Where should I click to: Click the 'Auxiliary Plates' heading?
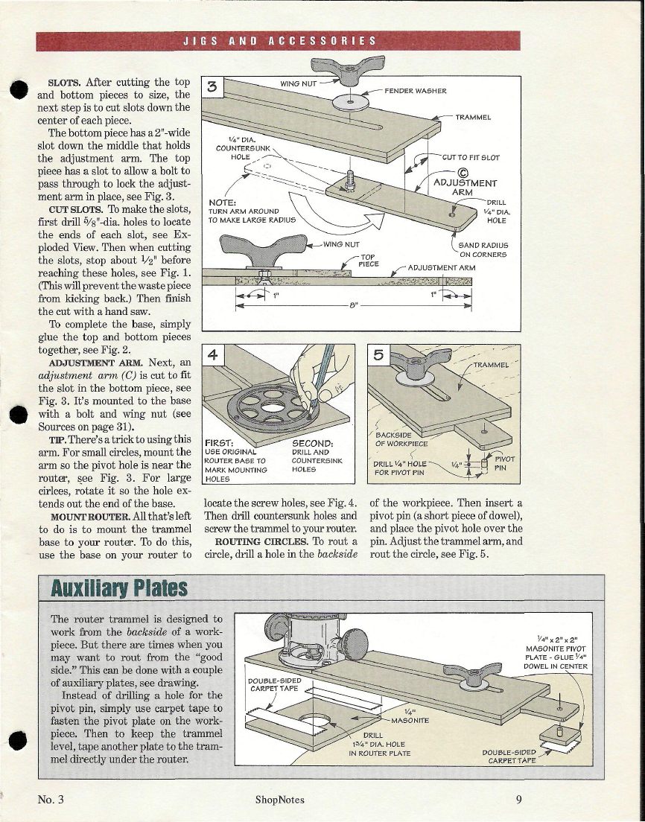click(x=118, y=588)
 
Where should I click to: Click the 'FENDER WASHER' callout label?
click(x=416, y=91)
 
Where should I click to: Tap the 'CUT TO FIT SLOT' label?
click(x=471, y=157)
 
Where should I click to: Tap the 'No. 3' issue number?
click(x=51, y=800)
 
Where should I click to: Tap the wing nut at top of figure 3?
click(x=354, y=70)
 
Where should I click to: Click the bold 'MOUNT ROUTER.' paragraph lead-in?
click(x=82, y=516)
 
